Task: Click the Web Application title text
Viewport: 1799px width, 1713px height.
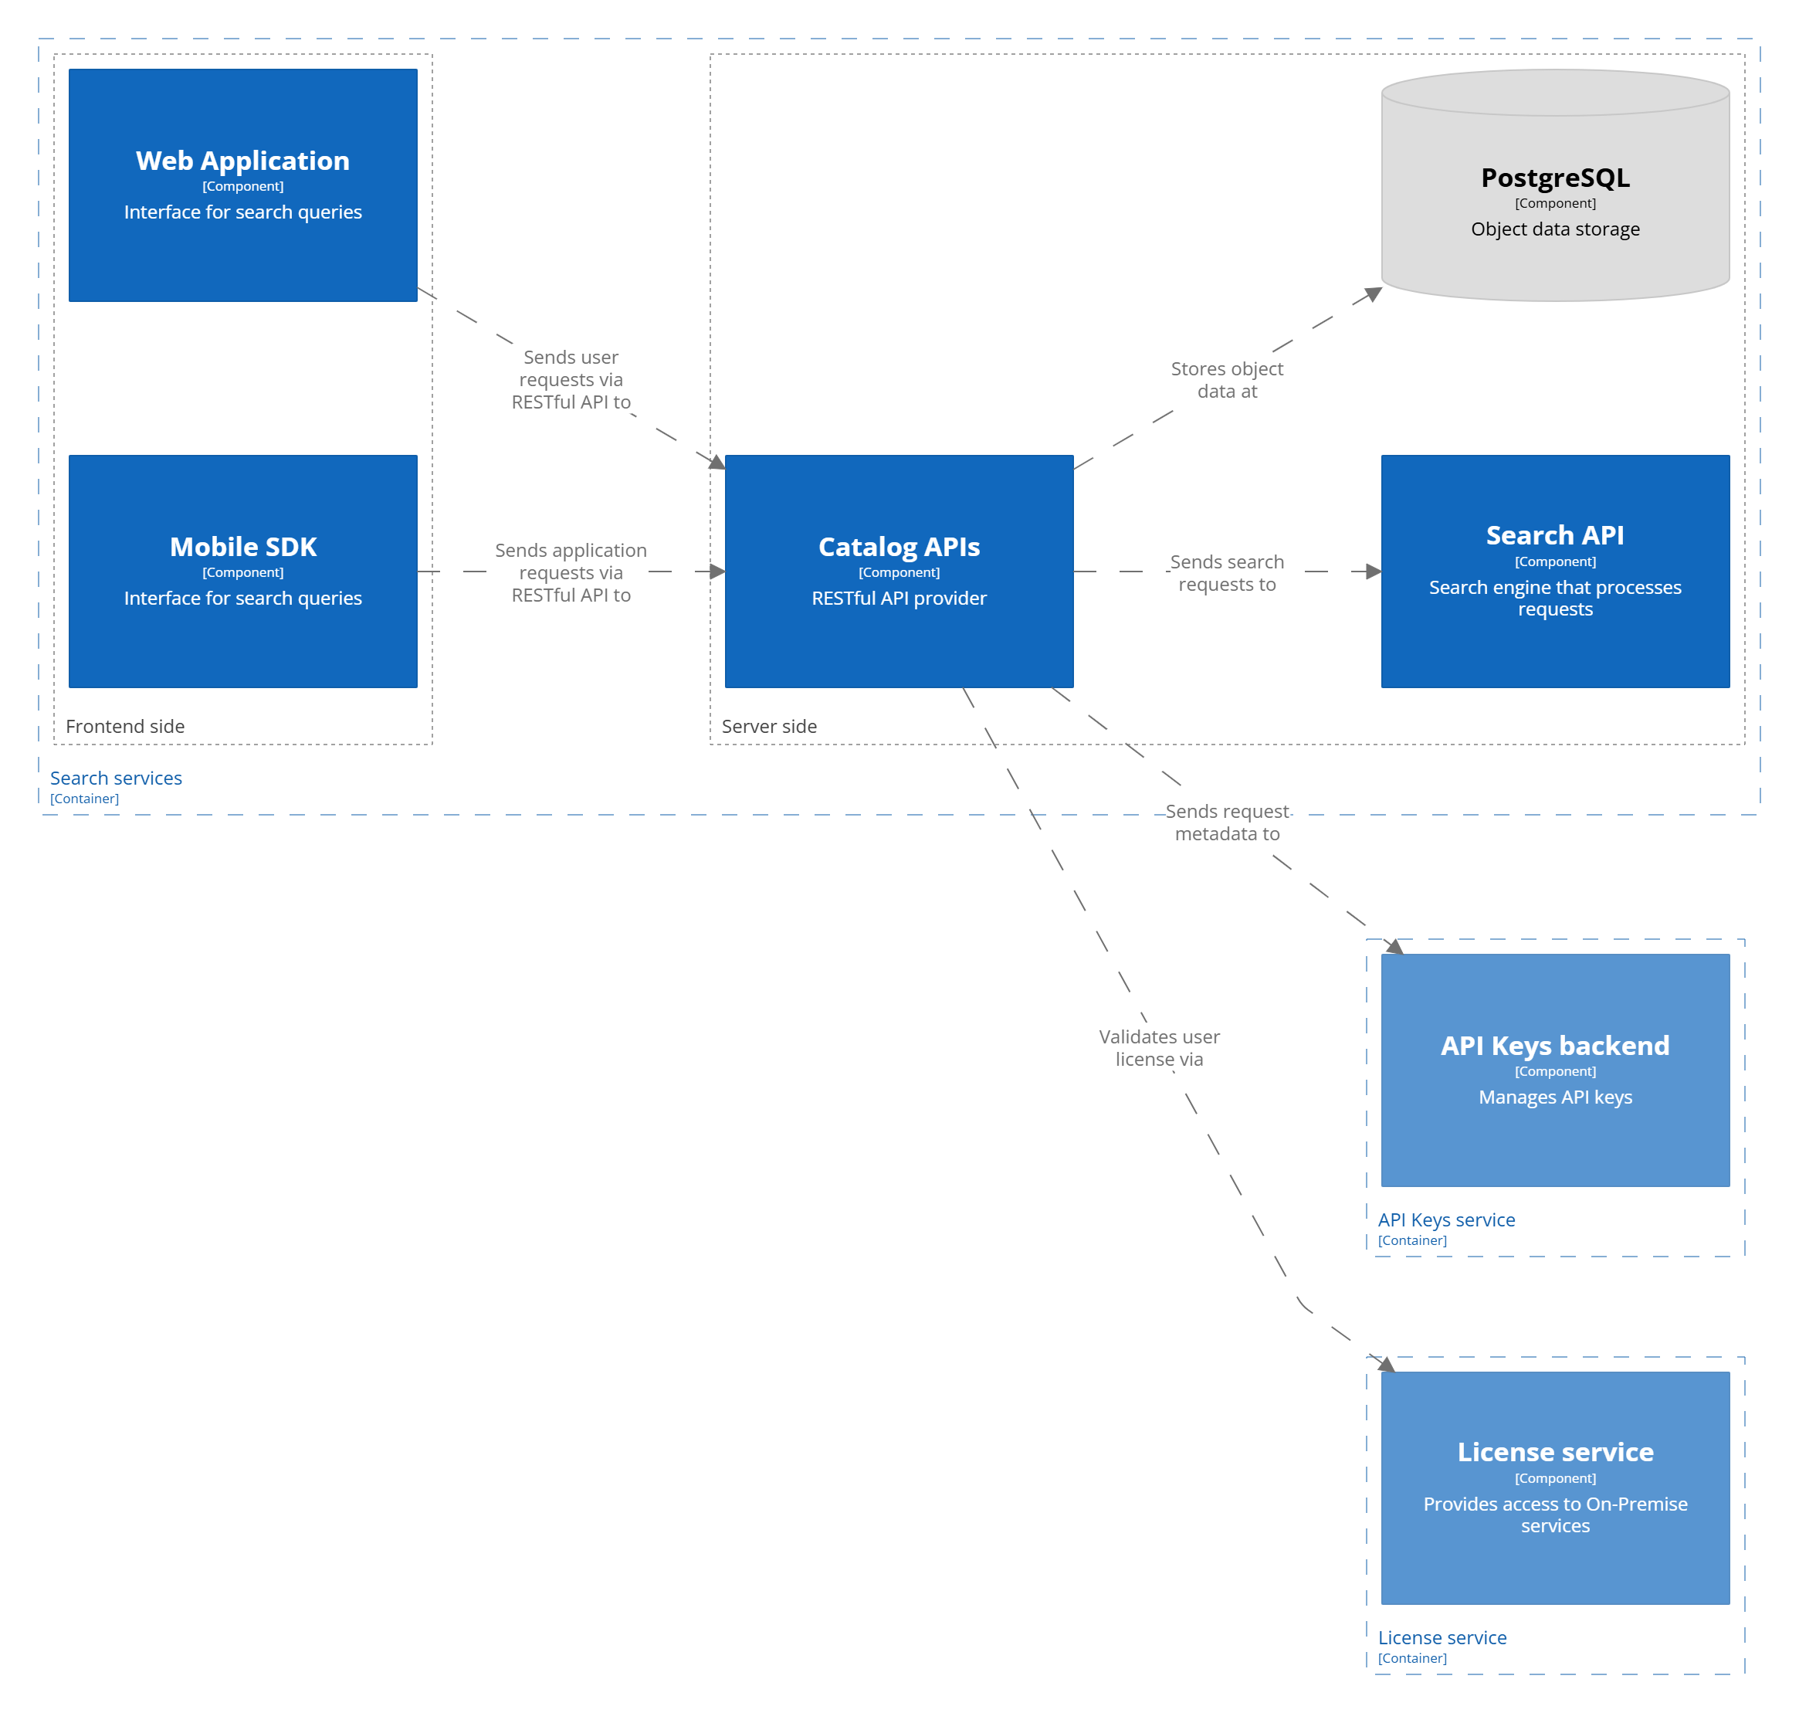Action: pos(242,161)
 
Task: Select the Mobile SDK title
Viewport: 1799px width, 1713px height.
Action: pos(242,547)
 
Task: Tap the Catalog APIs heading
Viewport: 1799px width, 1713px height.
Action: pos(899,547)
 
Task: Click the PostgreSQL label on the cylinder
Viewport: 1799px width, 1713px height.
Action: pos(1555,178)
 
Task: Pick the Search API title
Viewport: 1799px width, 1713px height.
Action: pos(1555,535)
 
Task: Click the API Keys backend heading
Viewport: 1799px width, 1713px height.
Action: pos(1555,1046)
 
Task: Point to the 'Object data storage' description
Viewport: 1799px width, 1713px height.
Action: pos(1555,229)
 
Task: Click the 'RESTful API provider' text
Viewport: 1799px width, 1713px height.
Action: pos(899,598)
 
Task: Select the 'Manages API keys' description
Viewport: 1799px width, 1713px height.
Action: pos(1555,1097)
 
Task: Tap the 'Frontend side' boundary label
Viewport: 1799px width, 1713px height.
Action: pos(125,727)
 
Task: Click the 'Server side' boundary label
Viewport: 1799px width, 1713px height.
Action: pos(770,727)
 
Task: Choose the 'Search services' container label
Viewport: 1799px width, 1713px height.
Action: pos(116,778)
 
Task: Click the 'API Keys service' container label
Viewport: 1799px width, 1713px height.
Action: pos(1446,1220)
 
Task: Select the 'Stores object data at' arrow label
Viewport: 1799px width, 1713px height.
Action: pos(1227,380)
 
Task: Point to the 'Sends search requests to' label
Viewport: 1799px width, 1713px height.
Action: pos(1227,573)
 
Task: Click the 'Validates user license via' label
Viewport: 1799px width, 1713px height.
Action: pos(1159,1048)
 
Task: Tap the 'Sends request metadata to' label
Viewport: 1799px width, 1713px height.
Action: pos(1227,823)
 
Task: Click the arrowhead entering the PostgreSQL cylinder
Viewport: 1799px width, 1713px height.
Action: pos(1373,294)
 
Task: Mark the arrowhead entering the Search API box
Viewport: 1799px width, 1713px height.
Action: pos(1373,572)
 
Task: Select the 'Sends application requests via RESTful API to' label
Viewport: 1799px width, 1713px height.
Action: pos(571,572)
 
